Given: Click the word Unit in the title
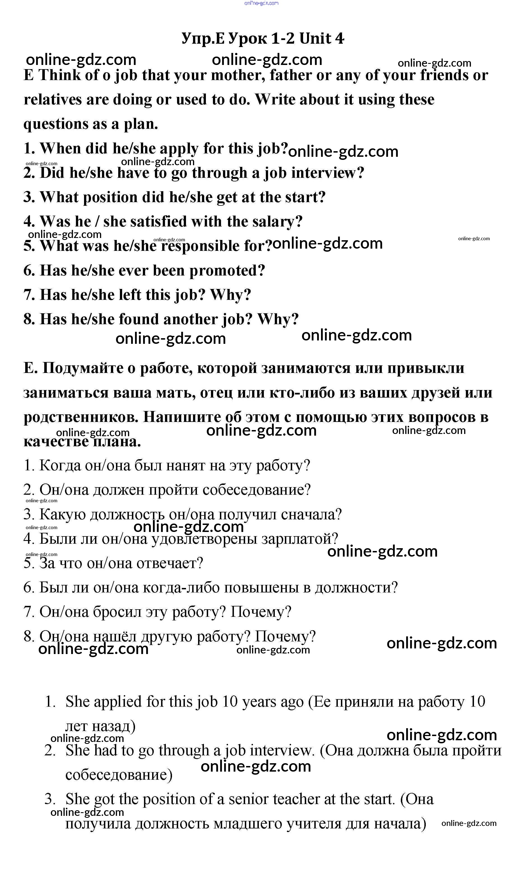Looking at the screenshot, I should (315, 38).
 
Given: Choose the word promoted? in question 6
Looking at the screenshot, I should (227, 270).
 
